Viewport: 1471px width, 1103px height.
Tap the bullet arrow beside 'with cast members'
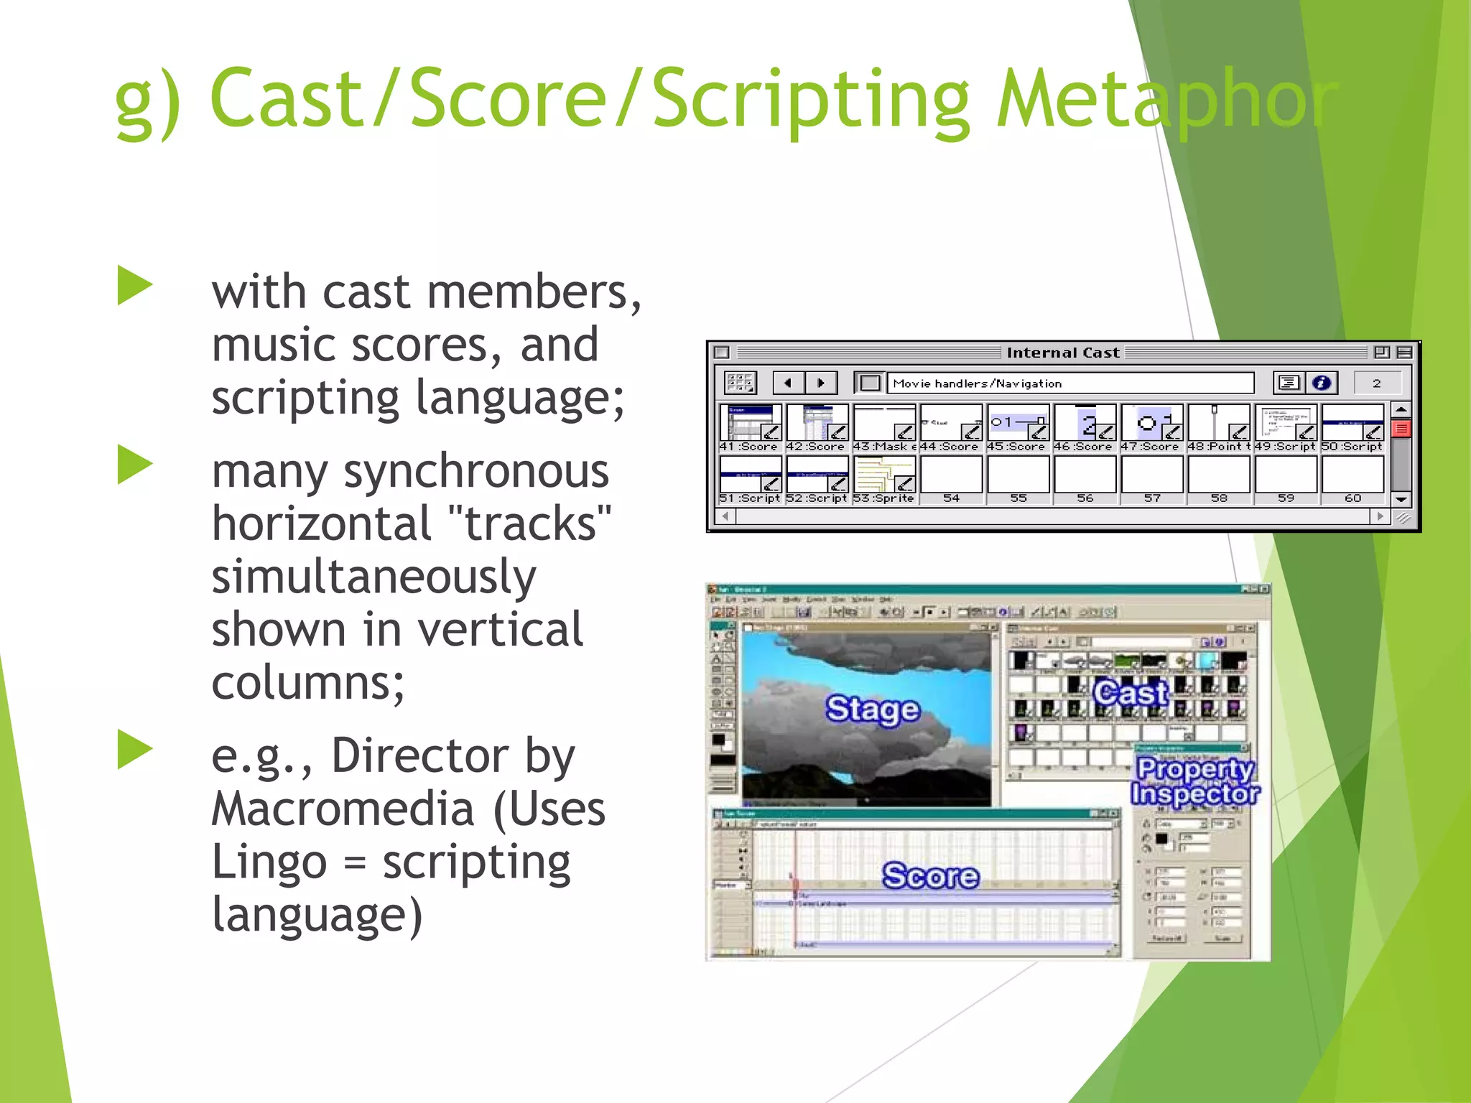pos(135,285)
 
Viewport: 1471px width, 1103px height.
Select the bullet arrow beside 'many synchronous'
pos(135,465)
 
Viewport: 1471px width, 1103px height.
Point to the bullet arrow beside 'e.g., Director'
pos(135,749)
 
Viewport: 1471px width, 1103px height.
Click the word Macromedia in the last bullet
pos(343,809)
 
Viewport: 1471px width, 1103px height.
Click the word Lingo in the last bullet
pos(269,861)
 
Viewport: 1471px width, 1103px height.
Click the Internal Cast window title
pos(1063,352)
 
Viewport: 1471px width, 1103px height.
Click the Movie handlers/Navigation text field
pos(1070,383)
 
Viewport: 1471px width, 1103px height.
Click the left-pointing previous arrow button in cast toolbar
pos(788,383)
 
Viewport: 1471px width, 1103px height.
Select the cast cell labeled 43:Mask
pos(884,428)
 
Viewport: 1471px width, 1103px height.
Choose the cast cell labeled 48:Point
pos(1219,428)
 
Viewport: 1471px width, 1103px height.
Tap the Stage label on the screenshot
pos(873,709)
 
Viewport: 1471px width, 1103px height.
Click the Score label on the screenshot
pos(930,875)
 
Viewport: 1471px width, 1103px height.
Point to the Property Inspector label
pos(1195,781)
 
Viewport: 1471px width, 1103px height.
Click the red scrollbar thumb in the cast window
pos(1401,429)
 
